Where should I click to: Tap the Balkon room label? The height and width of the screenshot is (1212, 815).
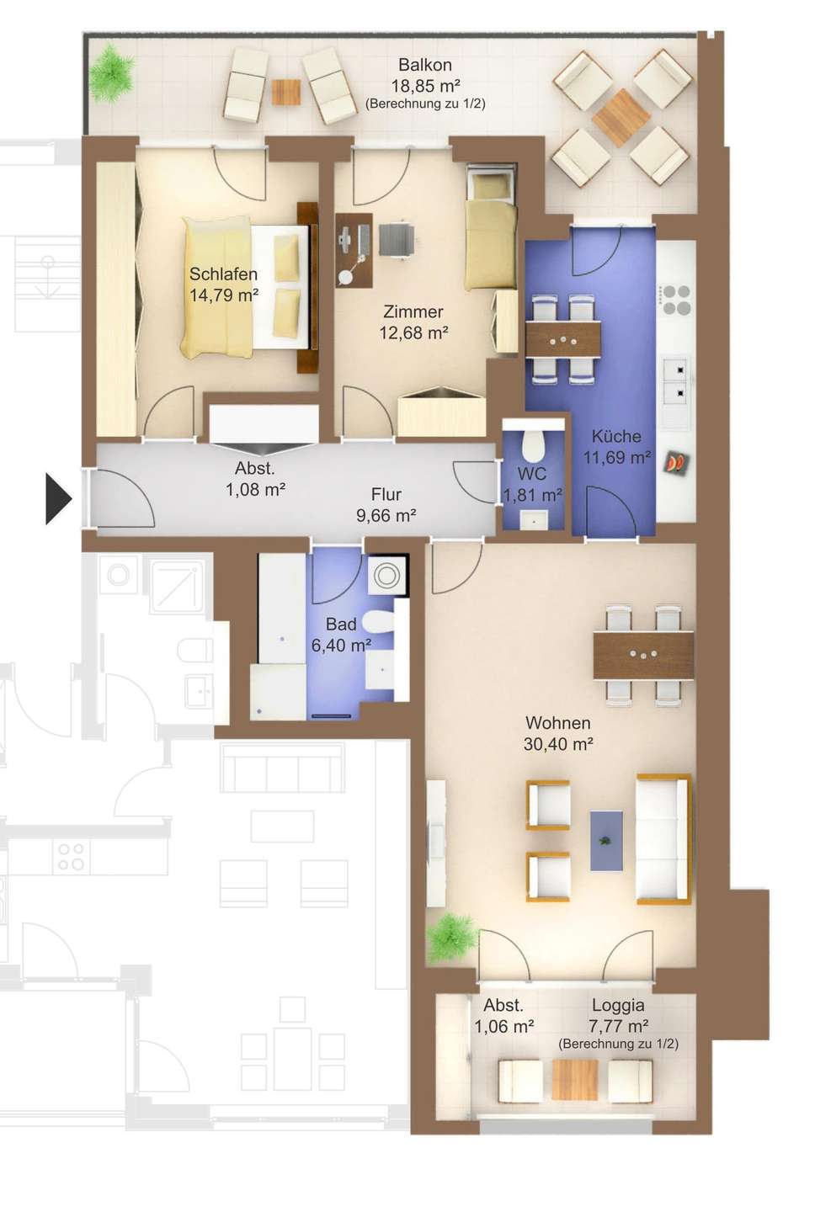point(425,65)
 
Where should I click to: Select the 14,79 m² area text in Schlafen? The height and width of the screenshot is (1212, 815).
point(224,295)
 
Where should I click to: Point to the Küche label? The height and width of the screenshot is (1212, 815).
point(615,436)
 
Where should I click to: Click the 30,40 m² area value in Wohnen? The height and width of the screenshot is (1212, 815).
point(558,744)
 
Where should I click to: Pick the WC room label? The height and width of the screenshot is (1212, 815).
point(531,474)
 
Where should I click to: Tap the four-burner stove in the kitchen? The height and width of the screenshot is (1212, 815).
point(676,300)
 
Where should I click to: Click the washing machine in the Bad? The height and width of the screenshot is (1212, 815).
point(387,575)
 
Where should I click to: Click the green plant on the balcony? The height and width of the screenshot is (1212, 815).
point(111,74)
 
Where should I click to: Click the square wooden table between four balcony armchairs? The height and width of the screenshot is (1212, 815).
point(621,118)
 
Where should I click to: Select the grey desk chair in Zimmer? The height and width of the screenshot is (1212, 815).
point(397,239)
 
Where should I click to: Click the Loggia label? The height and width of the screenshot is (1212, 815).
point(618,1005)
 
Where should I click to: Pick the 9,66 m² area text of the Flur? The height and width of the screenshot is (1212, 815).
point(386,516)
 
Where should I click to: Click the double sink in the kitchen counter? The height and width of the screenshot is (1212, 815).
point(676,381)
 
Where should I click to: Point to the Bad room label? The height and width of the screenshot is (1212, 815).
point(341,624)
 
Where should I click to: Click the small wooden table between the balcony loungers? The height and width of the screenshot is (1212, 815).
point(286,92)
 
